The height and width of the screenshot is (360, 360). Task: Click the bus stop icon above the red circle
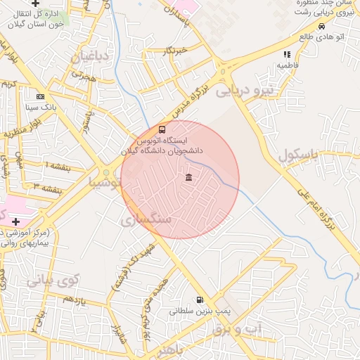(162, 130)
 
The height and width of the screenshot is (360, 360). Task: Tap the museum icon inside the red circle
(188, 177)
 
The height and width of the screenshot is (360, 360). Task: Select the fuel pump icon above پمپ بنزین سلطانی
(200, 299)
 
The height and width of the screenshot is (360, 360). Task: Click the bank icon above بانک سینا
(40, 96)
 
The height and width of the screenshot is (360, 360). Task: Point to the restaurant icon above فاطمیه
(286, 54)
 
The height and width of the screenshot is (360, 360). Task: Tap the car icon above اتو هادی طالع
(321, 26)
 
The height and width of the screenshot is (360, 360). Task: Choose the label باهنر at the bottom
(171, 349)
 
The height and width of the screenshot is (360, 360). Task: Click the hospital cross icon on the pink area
(15, 221)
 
